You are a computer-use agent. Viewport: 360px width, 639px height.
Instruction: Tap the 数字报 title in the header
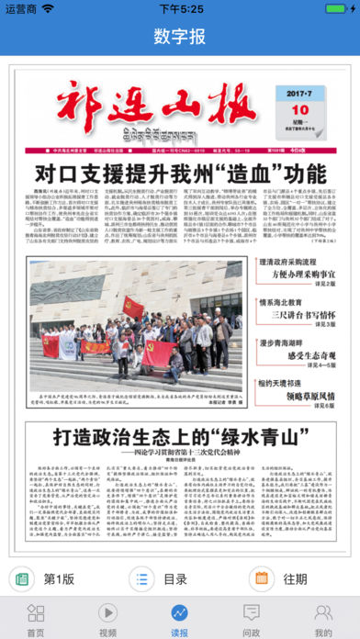pyautogui.click(x=180, y=38)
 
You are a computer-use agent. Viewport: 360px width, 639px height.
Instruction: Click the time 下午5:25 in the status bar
pyautogui.click(x=180, y=8)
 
